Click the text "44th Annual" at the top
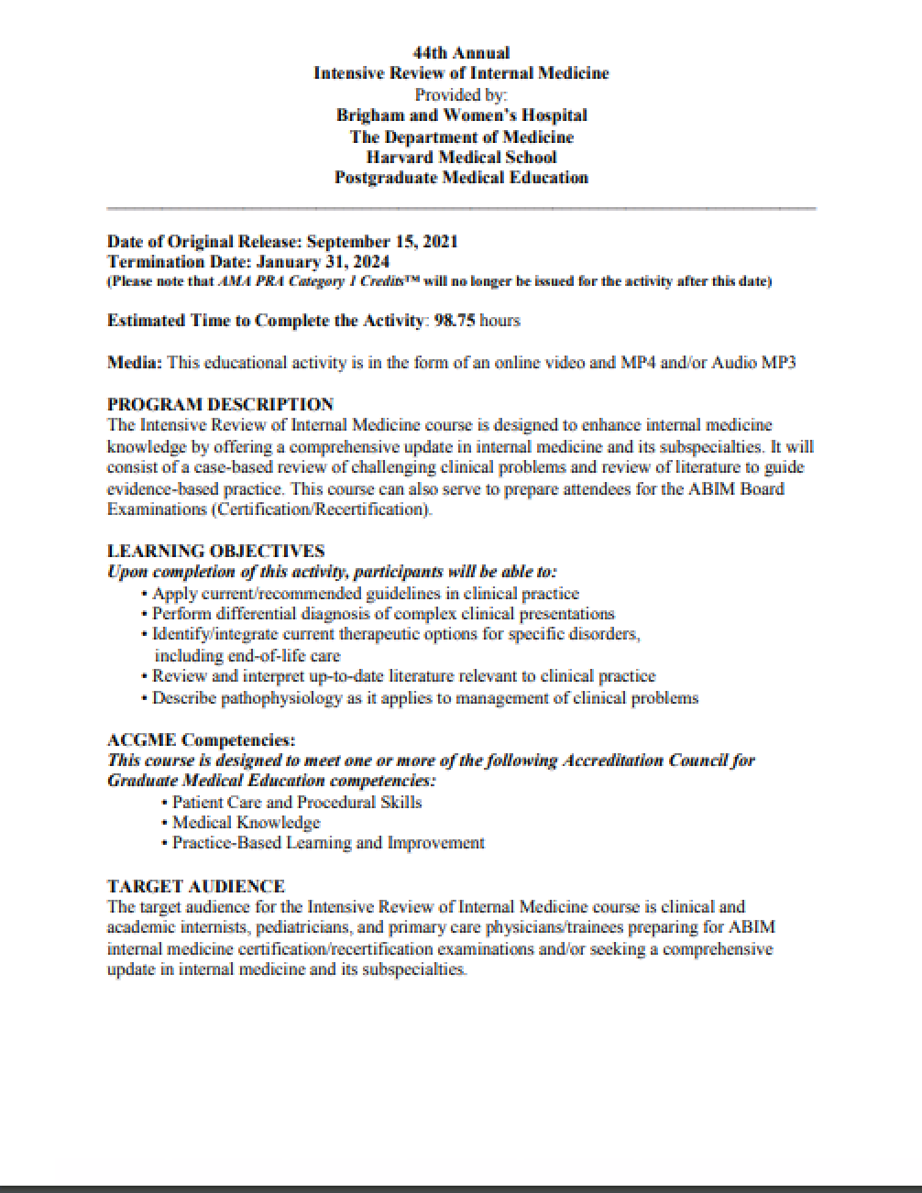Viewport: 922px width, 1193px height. coord(461,53)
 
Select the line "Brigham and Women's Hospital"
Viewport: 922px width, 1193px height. coord(461,115)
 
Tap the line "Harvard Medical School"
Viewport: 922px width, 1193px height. coord(461,157)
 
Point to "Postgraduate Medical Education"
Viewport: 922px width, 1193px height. coord(461,178)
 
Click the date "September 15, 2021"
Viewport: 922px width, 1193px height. coord(381,242)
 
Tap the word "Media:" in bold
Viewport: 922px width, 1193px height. coord(135,363)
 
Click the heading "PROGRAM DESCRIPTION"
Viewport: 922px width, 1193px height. coord(220,404)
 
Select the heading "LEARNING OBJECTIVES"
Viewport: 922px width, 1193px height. coord(215,551)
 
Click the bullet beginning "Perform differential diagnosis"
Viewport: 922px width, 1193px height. coord(383,614)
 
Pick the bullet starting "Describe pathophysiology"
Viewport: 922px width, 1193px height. coord(424,698)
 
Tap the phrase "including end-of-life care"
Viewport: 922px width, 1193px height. coord(247,656)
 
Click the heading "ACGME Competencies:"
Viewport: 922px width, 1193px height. coord(201,739)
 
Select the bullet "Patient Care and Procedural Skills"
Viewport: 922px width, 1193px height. coord(297,803)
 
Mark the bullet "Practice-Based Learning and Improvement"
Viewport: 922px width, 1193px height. coord(328,843)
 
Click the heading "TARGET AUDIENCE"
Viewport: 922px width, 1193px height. coord(195,886)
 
